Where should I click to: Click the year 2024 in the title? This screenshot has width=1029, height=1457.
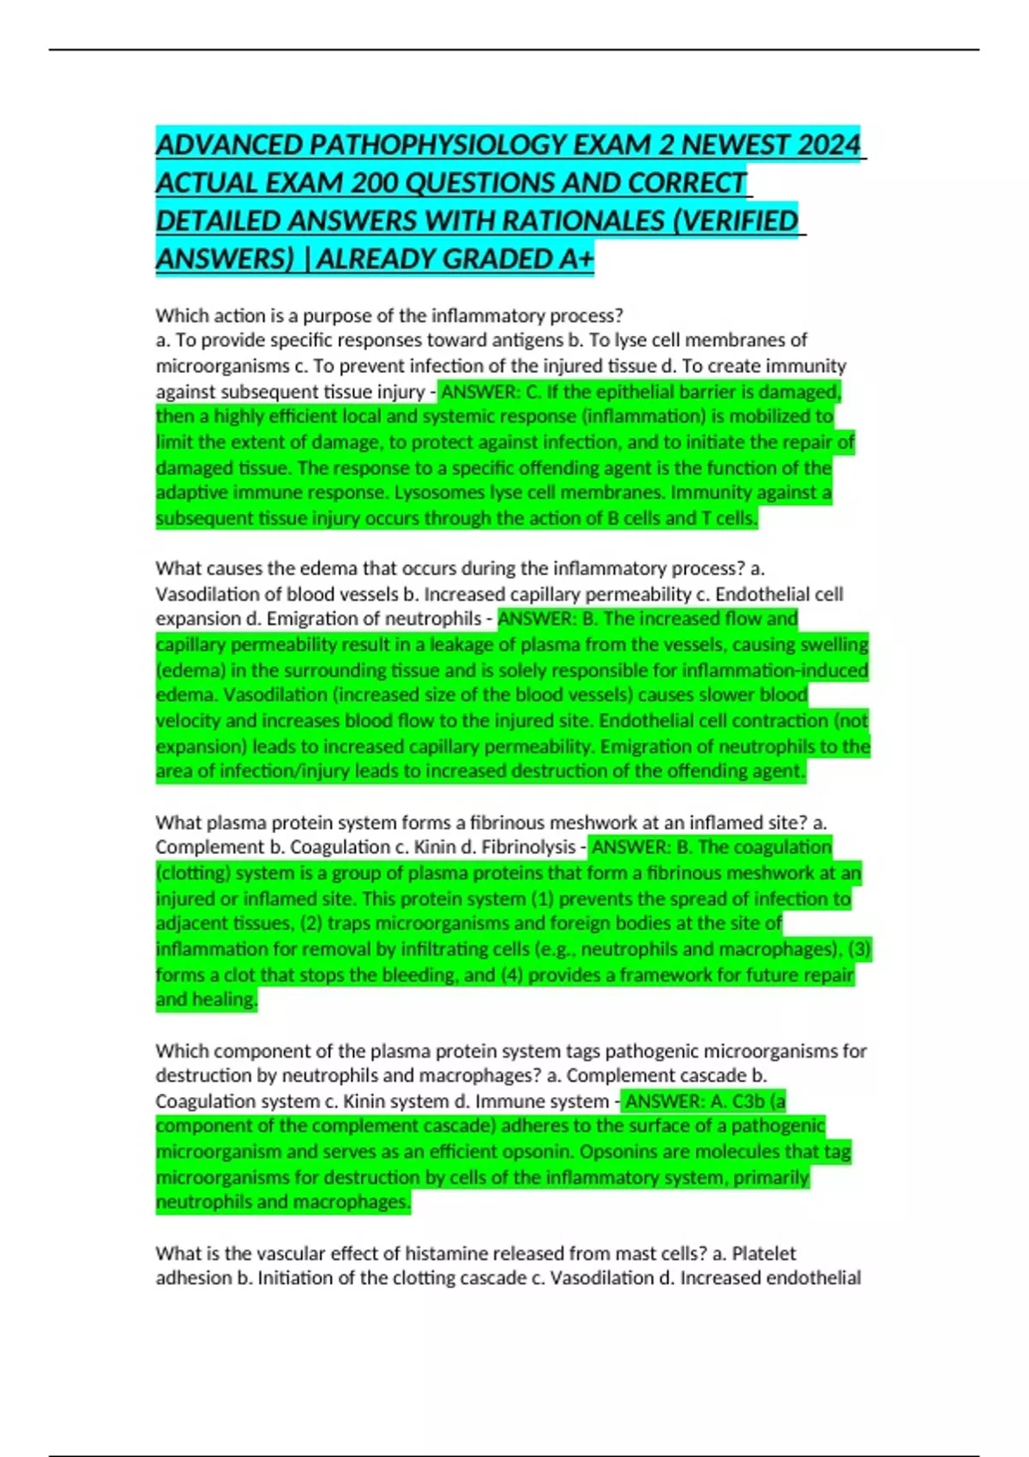pos(828,145)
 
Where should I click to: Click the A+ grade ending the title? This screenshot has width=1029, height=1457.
pos(574,258)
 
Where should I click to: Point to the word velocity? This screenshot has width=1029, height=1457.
pos(187,721)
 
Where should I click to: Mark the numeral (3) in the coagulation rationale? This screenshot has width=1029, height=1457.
pos(859,950)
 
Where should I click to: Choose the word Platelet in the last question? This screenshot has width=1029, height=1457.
pos(763,1253)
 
